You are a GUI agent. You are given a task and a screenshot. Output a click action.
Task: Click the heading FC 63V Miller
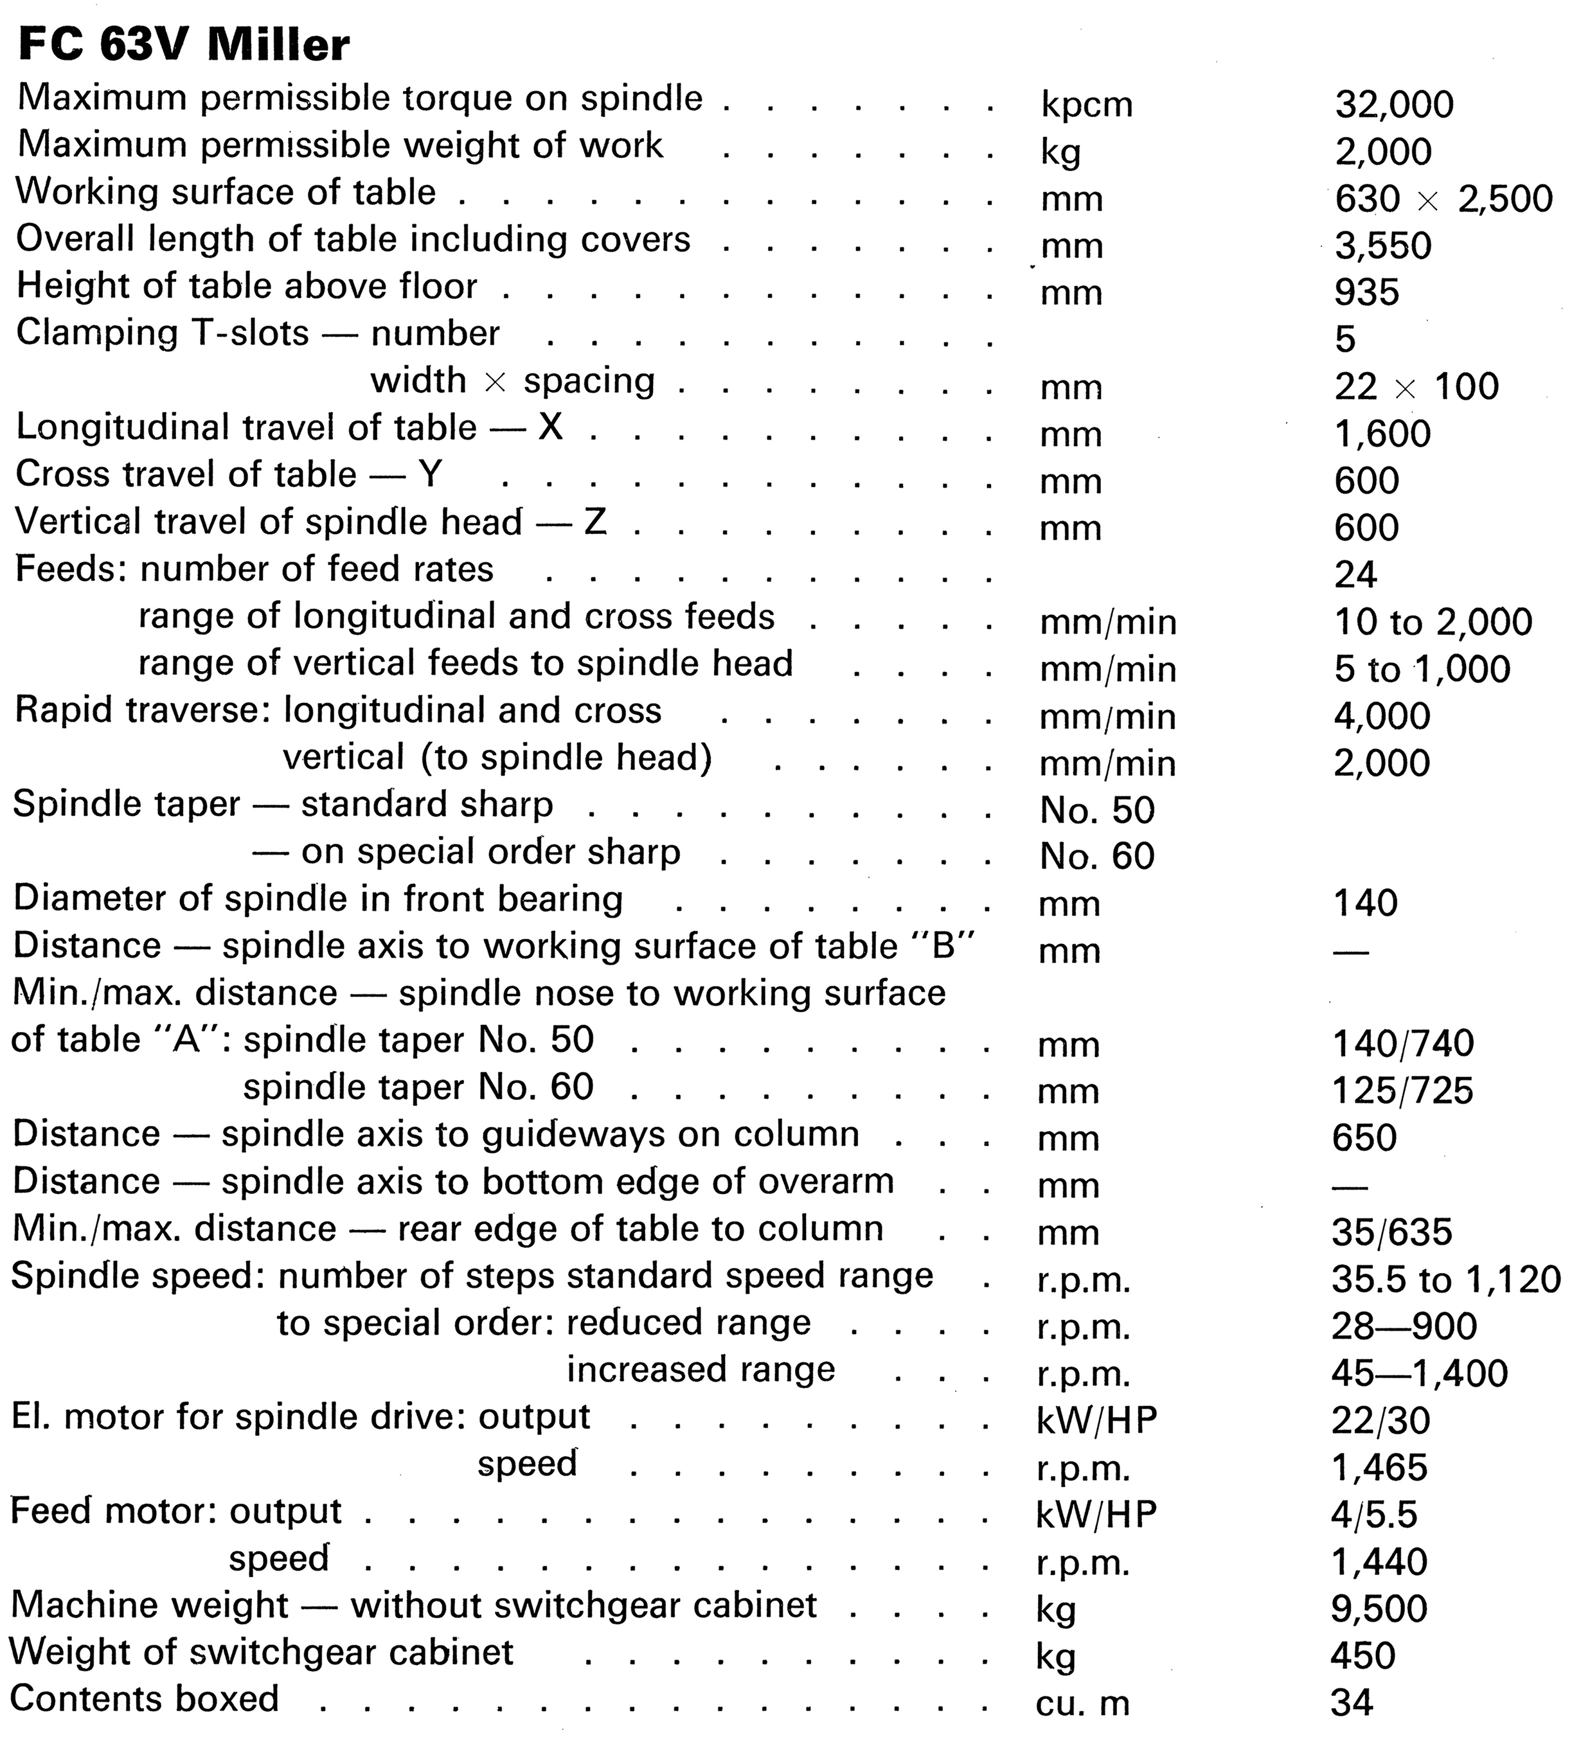(183, 45)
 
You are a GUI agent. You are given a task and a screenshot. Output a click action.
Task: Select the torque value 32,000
(1394, 105)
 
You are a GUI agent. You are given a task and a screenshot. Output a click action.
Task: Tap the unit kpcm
(1085, 105)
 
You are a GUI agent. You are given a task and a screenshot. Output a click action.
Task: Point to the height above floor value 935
(1366, 293)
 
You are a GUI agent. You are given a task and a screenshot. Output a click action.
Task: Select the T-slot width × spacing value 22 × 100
(1416, 386)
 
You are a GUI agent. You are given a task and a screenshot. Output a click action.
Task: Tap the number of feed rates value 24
(1355, 574)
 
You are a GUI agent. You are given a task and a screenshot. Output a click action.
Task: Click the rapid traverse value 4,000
(1382, 716)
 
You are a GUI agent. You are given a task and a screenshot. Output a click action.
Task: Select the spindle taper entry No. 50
(1097, 810)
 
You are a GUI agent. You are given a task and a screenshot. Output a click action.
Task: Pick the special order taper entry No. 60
(1097, 857)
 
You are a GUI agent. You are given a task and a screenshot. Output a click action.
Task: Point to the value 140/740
(1403, 1044)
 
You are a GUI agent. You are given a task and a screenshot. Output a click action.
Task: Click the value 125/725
(1402, 1091)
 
